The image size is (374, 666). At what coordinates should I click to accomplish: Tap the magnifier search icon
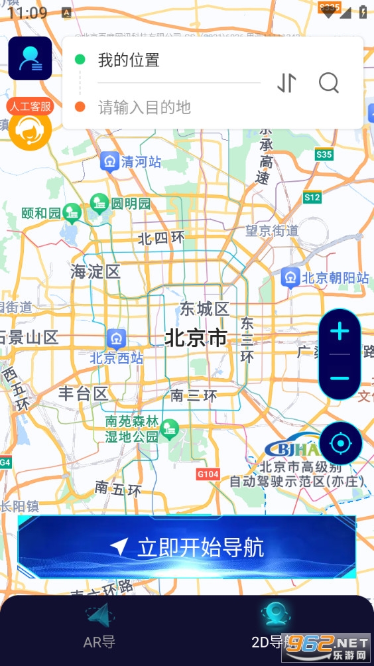pos(329,83)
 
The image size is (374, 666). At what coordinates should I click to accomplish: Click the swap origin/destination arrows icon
pos(286,83)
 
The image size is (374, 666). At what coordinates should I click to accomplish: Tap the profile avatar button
pos(31,58)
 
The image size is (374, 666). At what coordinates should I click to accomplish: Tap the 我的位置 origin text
pos(129,60)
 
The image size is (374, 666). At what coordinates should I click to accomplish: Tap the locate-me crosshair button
pos(341,442)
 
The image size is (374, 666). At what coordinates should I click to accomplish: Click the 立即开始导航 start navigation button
pos(187,547)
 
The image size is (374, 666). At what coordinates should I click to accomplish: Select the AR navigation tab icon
pos(99,618)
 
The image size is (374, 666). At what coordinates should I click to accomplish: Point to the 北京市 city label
pos(196,338)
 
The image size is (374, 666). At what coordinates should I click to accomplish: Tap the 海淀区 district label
pos(95,271)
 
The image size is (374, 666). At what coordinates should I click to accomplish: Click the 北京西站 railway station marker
pos(117,338)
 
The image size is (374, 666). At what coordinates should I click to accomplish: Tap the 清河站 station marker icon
pos(109,161)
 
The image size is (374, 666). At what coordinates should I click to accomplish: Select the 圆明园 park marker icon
pos(99,202)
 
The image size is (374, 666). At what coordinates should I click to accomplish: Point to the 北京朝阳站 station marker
pos(290,278)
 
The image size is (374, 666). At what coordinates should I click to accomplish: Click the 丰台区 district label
pos(84,393)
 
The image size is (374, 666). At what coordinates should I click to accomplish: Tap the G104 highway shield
pos(208,474)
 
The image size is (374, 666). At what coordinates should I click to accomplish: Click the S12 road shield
pos(312,198)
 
